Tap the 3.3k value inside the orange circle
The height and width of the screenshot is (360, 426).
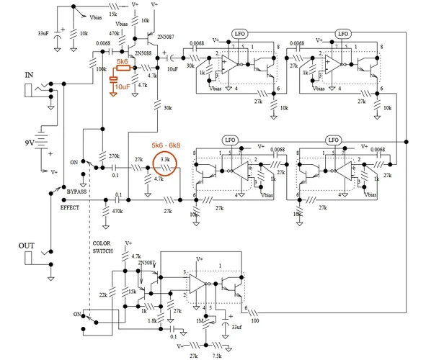click(x=165, y=158)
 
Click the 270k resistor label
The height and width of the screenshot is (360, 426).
click(x=113, y=156)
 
